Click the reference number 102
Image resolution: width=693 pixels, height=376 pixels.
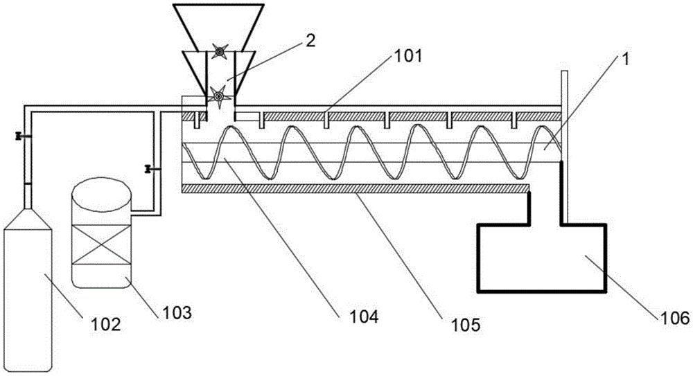point(105,325)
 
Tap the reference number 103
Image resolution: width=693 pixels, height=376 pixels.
point(177,313)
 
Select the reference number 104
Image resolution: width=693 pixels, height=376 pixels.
point(364,316)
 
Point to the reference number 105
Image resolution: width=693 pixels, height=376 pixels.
point(465,325)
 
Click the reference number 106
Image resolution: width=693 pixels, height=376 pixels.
point(675,318)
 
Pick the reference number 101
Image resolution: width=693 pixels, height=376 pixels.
point(407,56)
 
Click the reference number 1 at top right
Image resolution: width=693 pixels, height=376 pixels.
point(625,60)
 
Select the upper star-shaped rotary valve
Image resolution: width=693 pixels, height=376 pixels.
point(220,51)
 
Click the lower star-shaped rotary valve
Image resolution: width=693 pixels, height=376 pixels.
point(218,95)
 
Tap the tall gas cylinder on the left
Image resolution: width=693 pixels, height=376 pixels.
point(28,287)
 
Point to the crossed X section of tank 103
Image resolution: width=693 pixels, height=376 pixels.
point(101,244)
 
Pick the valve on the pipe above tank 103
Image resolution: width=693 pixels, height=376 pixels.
point(149,169)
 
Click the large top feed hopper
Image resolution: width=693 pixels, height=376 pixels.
point(218,26)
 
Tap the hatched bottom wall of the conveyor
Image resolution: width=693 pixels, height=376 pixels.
point(356,188)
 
